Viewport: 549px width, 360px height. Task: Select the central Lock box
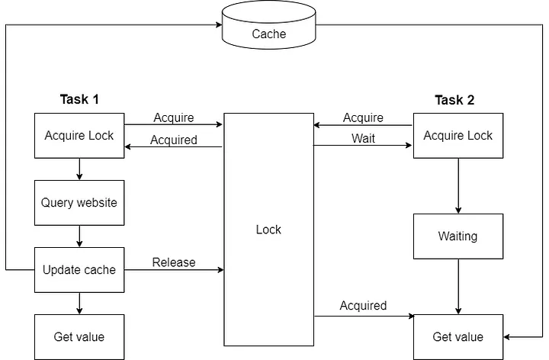(x=268, y=230)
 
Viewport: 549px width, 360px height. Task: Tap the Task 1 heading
(x=79, y=99)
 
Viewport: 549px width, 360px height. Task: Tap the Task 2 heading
(x=454, y=100)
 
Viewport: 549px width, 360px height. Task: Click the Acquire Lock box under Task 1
(x=79, y=136)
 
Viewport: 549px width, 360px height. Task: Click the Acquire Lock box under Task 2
(x=458, y=136)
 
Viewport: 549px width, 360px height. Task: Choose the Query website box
(x=79, y=203)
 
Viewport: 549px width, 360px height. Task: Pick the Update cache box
(x=79, y=270)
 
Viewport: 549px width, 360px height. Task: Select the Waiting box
(x=458, y=236)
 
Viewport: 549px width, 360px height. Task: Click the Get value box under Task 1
(x=79, y=336)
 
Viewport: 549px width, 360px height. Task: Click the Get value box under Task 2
(x=458, y=336)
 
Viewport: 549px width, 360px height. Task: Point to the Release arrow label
(x=174, y=262)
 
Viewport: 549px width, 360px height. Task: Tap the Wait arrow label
(x=363, y=139)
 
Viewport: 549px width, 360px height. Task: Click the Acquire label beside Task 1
(x=174, y=117)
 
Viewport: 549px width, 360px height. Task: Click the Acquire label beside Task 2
(x=363, y=117)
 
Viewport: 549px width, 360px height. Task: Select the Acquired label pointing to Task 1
(x=174, y=140)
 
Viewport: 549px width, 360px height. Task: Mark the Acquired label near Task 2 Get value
(x=363, y=306)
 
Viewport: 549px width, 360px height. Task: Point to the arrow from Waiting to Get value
(x=458, y=286)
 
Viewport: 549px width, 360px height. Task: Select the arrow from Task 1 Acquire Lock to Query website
(x=79, y=169)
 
